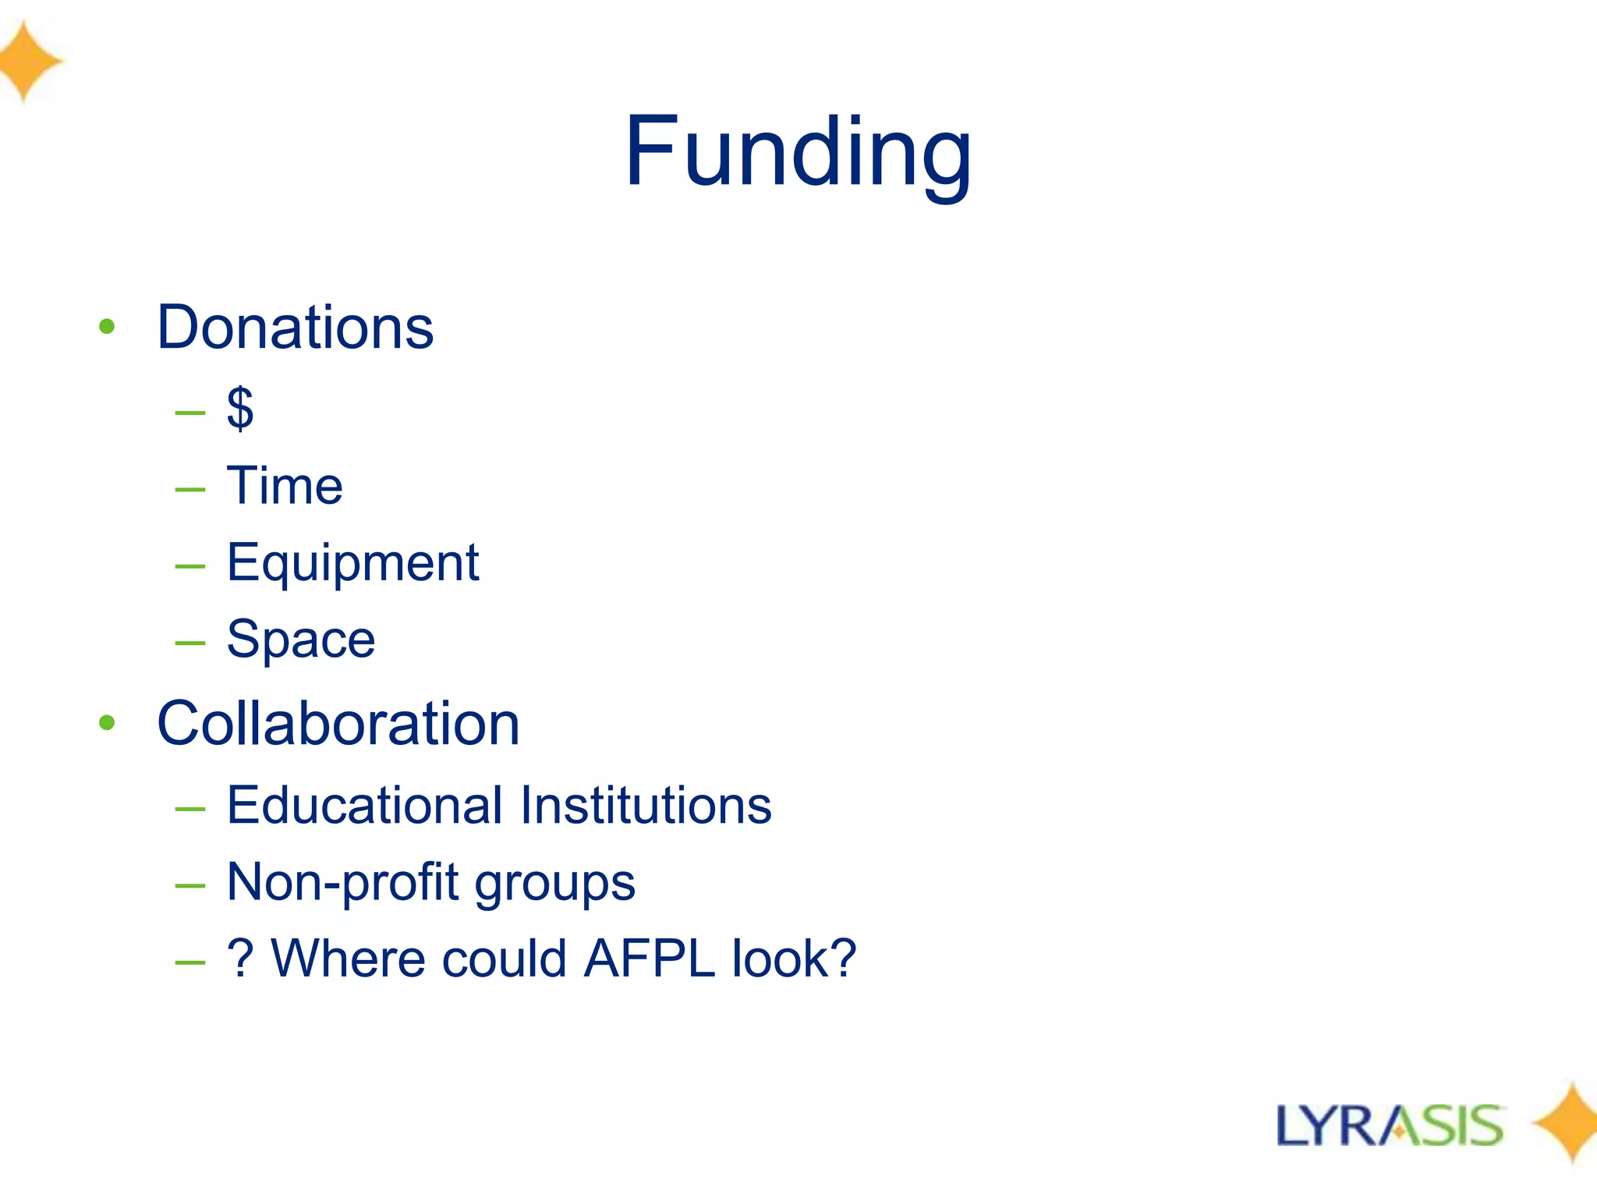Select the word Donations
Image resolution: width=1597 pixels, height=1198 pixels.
click(x=295, y=328)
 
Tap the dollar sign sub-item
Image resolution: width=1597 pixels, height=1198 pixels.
click(x=240, y=408)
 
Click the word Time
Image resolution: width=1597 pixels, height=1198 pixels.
click(x=285, y=486)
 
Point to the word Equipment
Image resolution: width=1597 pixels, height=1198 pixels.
click(x=352, y=563)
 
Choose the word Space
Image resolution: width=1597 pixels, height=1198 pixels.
click(x=301, y=640)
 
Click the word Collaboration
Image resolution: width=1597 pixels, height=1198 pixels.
click(x=338, y=724)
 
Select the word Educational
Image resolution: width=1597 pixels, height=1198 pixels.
click(x=364, y=805)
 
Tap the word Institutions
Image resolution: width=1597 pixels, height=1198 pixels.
click(x=646, y=805)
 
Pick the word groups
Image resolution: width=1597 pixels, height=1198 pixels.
click(x=555, y=884)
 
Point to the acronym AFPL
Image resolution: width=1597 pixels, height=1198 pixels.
click(x=649, y=959)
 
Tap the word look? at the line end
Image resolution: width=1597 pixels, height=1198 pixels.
click(x=794, y=959)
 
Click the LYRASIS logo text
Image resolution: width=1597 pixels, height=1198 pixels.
click(x=1390, y=1126)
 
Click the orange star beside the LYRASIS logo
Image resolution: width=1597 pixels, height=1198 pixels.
click(x=1569, y=1123)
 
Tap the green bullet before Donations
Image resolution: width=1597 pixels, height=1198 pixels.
click(x=107, y=327)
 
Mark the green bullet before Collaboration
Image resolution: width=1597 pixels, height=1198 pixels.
click(x=107, y=723)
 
